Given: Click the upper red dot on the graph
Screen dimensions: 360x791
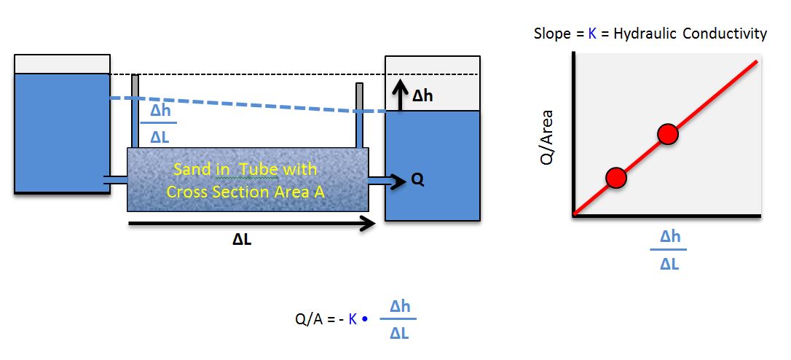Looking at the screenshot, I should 668,134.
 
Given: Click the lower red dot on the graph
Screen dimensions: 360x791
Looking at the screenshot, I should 616,177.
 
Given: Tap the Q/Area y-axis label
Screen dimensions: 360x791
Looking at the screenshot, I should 548,138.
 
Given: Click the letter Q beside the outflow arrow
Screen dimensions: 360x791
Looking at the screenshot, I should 417,179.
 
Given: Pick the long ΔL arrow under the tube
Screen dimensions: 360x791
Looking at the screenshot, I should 251,224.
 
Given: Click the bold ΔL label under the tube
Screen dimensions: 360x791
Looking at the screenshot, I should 243,240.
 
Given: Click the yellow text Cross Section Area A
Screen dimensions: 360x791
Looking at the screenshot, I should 245,192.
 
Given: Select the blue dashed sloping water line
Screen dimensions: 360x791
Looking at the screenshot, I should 248,104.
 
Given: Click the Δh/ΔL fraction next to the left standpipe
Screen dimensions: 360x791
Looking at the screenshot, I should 160,124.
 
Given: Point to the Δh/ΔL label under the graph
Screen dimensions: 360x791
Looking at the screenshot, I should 669,250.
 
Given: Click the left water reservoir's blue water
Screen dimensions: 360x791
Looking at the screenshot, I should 62,131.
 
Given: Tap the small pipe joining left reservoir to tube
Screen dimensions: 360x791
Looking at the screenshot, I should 118,180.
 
